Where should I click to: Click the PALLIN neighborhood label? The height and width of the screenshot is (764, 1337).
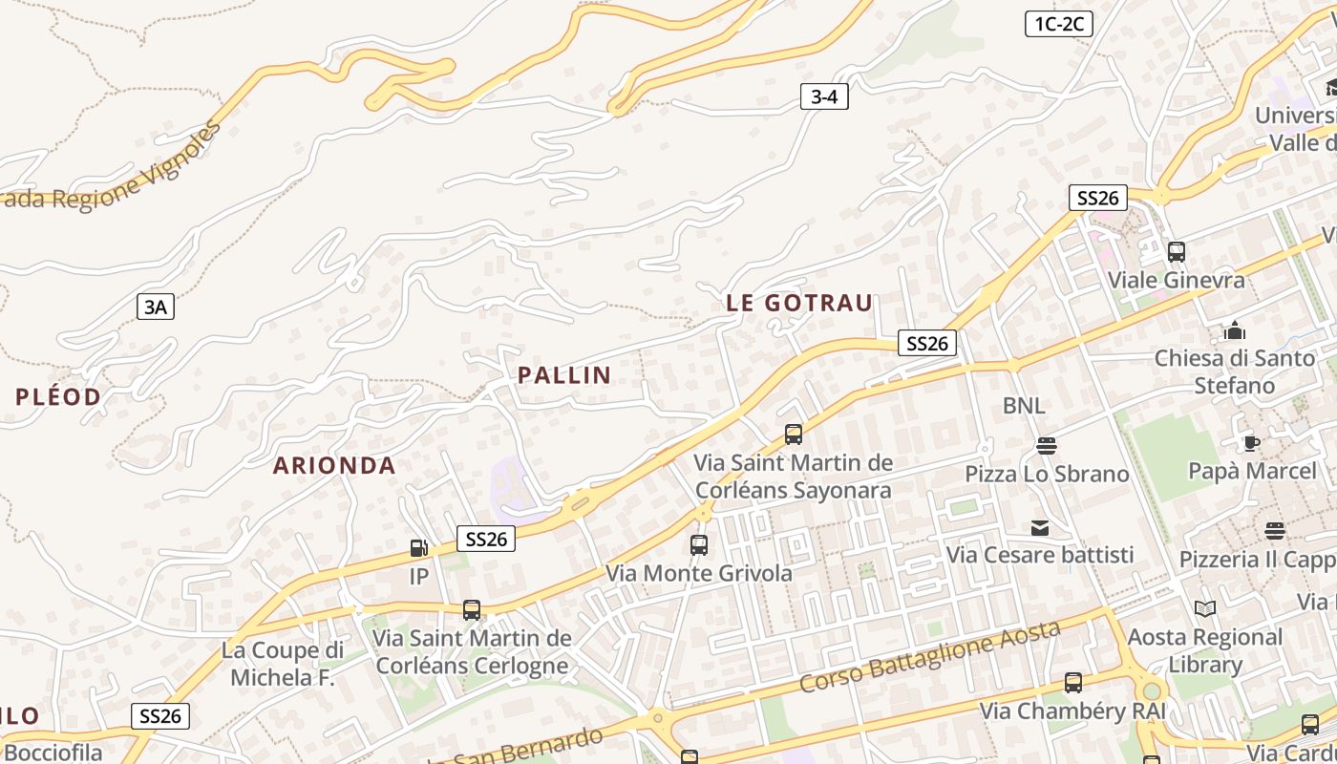coord(563,375)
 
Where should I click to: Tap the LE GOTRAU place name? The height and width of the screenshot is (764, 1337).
coord(799,304)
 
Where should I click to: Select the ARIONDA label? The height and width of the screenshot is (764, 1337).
coord(334,466)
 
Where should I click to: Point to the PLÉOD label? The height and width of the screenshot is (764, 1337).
coord(58,397)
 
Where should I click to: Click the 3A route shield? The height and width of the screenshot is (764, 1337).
coord(155,307)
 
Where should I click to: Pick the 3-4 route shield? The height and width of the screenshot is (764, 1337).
coord(824,96)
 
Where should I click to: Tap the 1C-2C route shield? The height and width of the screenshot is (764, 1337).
coord(1058,24)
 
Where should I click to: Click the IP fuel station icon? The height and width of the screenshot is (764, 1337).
coord(418,548)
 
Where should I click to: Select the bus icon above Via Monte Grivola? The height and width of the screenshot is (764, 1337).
coord(699,545)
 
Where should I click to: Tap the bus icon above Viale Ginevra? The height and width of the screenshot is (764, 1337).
coord(1177,252)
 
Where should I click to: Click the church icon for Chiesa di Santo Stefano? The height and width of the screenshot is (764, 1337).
coord(1235,330)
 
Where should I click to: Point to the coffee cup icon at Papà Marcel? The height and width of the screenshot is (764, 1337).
coord(1251,443)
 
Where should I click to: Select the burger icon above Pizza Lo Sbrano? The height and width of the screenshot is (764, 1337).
coord(1047,446)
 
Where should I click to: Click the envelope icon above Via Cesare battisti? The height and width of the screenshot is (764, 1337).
coord(1039,528)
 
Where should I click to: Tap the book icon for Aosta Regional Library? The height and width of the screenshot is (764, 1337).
coord(1205,608)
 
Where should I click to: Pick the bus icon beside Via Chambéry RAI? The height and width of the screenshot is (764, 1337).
coord(1073,683)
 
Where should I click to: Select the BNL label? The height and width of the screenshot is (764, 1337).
coord(1024,406)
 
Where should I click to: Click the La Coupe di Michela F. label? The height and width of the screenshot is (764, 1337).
coord(282,664)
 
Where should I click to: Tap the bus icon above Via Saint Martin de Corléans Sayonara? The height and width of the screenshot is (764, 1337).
coord(793,435)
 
